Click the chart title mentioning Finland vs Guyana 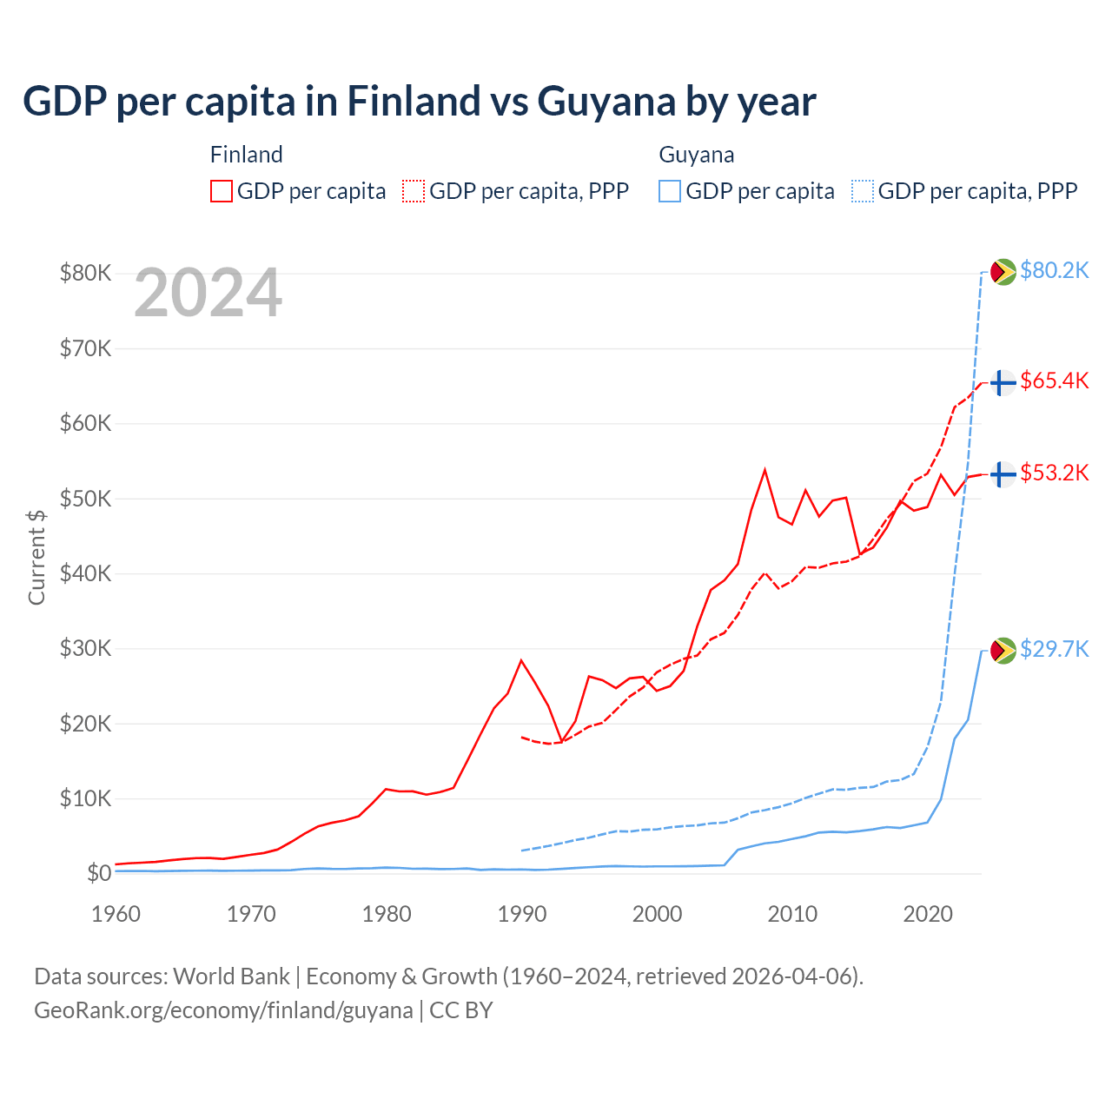(x=419, y=102)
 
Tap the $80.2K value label (x=1054, y=271)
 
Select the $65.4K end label (x=1054, y=381)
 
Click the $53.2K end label (x=1054, y=473)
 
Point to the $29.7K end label (x=1054, y=650)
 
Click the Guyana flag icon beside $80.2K (x=1003, y=272)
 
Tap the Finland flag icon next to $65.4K (x=1003, y=382)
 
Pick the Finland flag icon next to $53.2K (x=1003, y=474)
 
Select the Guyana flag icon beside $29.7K (x=1003, y=651)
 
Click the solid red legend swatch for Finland (x=222, y=191)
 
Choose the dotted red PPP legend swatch (x=414, y=191)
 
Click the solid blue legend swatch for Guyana (x=670, y=191)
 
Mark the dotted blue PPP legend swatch (x=863, y=191)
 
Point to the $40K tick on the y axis (x=85, y=573)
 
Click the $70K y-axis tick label (x=85, y=348)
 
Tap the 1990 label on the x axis (x=522, y=914)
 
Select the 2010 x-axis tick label (x=792, y=914)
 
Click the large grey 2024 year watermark (x=208, y=294)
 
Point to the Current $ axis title (x=36, y=557)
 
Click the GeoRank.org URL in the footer (x=223, y=1010)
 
